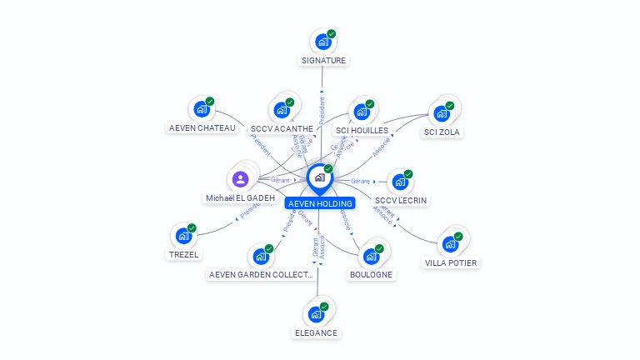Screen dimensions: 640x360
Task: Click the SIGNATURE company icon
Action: pos(322,42)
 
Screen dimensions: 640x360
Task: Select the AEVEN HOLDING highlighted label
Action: pos(320,203)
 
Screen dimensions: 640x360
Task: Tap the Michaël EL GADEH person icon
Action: pos(241,179)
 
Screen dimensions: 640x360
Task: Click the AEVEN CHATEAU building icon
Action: pos(201,109)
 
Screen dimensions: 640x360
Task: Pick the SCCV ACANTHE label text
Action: pos(282,129)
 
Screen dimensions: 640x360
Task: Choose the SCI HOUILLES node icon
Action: pos(361,112)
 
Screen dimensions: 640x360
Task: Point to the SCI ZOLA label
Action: pos(442,132)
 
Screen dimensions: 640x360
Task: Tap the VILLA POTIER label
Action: pos(452,262)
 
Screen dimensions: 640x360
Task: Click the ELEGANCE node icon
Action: pos(316,314)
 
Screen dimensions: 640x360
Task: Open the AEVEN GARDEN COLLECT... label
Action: pos(261,275)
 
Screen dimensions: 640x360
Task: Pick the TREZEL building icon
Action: pos(182,236)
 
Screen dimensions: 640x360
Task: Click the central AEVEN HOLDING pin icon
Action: pos(320,177)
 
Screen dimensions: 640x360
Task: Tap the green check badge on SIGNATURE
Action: pos(332,34)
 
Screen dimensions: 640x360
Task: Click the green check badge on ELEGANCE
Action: pos(324,307)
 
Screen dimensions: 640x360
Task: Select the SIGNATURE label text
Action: pos(323,60)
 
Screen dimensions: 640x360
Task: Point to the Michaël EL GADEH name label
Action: pos(240,198)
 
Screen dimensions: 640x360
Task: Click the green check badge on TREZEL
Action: pos(192,228)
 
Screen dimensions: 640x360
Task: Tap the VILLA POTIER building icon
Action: pos(451,244)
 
